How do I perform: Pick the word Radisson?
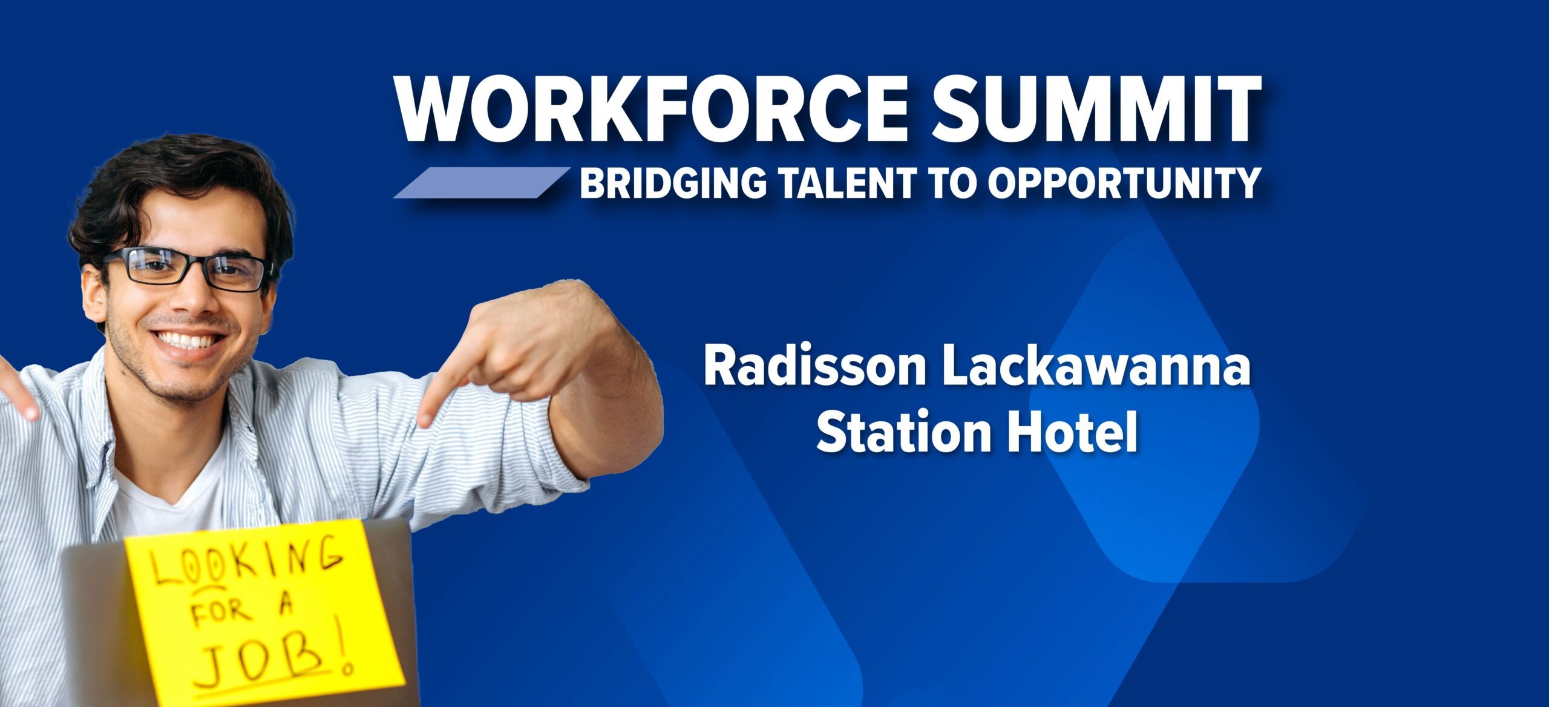pyautogui.click(x=814, y=367)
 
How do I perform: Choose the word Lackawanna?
pyautogui.click(x=1096, y=367)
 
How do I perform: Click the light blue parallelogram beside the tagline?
pyautogui.click(x=481, y=182)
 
